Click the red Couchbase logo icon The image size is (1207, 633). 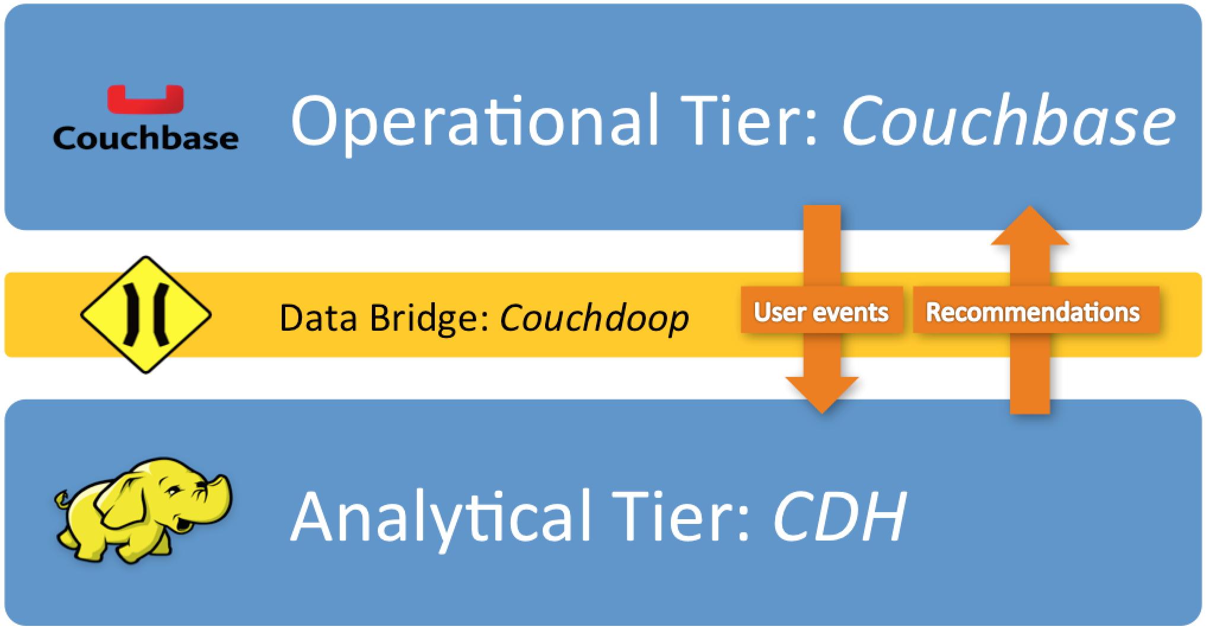pos(145,100)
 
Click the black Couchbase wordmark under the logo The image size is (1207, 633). pos(145,138)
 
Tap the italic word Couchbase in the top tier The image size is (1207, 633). pos(1008,122)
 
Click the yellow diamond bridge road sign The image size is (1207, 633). pos(146,314)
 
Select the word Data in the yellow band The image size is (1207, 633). pos(318,318)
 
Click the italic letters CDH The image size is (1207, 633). pos(839,517)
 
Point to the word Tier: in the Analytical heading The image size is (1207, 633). pos(682,517)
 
